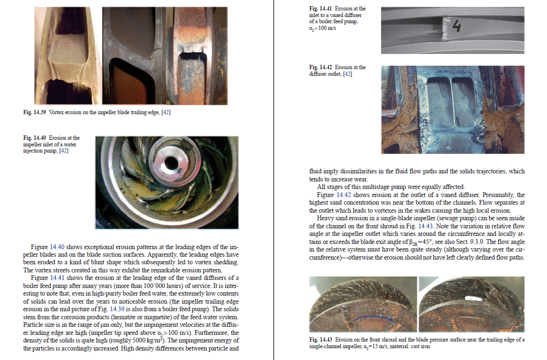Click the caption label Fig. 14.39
click(35, 112)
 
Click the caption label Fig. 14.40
click(35, 138)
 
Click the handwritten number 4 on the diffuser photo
click(457, 27)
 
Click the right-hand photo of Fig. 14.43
click(471, 304)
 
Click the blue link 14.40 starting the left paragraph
click(56, 247)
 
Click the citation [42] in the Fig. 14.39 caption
click(166, 112)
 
